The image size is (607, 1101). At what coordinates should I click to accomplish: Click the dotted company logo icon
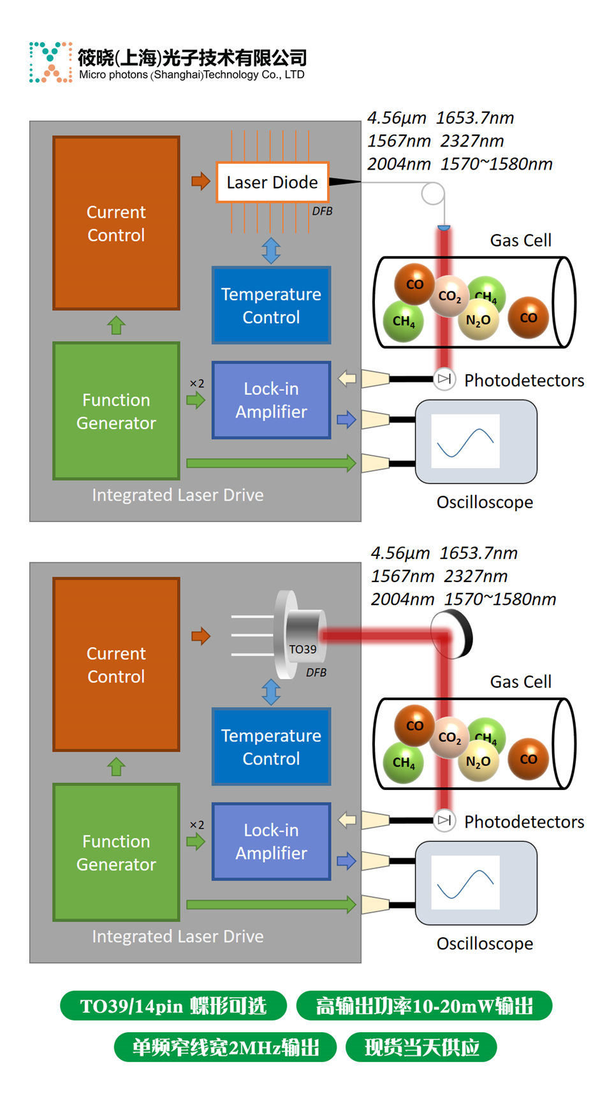pos(50,62)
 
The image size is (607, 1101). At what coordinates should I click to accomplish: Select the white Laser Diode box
pos(272,182)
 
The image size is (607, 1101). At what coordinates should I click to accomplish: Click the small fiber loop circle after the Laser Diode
pos(433,193)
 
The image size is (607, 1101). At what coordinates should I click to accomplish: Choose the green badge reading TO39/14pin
pos(173,1005)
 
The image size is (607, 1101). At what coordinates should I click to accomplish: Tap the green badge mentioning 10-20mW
pos(424,1005)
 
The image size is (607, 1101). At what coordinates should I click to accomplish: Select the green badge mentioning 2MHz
pos(225,1047)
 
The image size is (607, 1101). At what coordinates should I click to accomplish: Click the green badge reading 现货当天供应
pos(421,1047)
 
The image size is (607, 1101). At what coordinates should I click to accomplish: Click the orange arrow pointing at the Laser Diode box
pos(201,181)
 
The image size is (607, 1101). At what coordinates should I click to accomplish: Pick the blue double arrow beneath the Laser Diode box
pos(271,251)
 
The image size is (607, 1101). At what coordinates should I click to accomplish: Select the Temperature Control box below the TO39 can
pos(271,747)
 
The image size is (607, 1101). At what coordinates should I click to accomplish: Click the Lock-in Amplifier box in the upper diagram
pos(271,400)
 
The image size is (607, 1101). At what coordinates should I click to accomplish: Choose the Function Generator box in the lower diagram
pos(116,852)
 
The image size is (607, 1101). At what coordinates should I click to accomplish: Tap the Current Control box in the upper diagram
pos(116,223)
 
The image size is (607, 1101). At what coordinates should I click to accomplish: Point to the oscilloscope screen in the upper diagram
pos(465,441)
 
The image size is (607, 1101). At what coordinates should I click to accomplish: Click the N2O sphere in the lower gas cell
pos(478,761)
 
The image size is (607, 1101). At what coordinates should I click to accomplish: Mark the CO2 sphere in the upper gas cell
pos(450,296)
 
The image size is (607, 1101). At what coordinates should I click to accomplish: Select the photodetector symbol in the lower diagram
pos(444,820)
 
